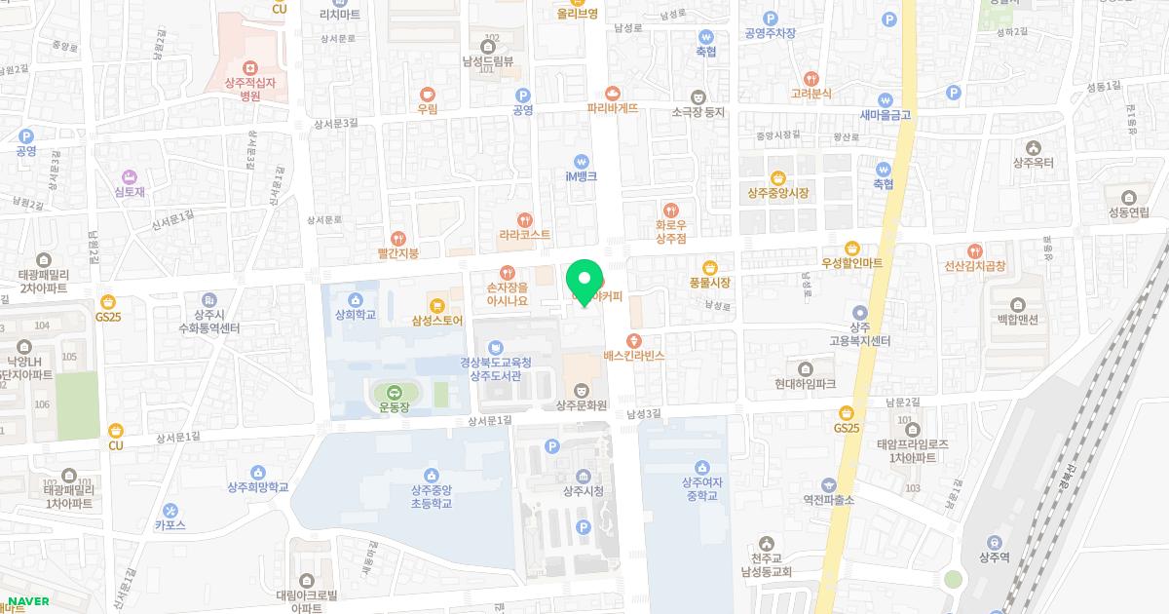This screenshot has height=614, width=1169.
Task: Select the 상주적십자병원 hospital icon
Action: click(x=250, y=66)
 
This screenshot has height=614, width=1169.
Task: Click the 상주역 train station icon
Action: click(x=995, y=543)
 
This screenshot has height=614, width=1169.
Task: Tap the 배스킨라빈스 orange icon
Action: click(x=634, y=340)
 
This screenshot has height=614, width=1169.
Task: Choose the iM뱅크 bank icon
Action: click(x=582, y=161)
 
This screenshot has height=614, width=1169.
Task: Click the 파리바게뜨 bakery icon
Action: click(x=613, y=93)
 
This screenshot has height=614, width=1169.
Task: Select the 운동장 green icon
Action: click(x=395, y=392)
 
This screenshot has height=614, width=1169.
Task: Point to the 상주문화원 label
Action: click(x=583, y=405)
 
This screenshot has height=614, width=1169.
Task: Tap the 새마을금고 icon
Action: click(x=885, y=99)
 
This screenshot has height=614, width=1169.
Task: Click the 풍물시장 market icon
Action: click(x=709, y=267)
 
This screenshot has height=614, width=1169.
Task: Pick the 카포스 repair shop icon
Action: click(x=170, y=510)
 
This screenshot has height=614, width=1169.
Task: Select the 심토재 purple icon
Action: click(x=131, y=176)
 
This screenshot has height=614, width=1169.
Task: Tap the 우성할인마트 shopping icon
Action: click(x=852, y=248)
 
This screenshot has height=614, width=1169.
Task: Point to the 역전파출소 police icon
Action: click(x=829, y=484)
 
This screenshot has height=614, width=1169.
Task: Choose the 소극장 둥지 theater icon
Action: click(x=698, y=96)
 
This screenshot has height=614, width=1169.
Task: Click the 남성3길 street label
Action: click(x=643, y=414)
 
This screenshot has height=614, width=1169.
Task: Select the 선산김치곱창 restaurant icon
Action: click(x=975, y=249)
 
